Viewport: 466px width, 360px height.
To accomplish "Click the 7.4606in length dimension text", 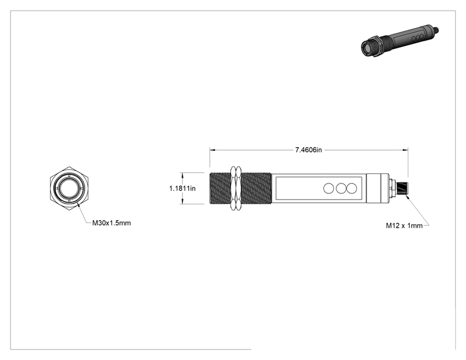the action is pos(308,150).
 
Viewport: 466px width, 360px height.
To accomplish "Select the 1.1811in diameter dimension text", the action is pos(182,188).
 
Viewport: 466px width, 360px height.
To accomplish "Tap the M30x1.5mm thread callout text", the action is pos(111,223).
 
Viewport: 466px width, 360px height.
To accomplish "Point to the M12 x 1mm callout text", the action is pos(404,225).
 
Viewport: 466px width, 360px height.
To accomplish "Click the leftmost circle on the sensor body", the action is pos(328,188).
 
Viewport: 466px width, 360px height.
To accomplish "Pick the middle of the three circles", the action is pos(341,188).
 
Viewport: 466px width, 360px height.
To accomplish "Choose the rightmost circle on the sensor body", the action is pos(352,188).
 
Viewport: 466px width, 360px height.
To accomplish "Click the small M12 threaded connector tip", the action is pos(403,188).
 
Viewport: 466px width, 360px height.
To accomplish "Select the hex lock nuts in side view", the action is pos(236,188).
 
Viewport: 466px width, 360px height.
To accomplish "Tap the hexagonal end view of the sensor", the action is pos(70,188).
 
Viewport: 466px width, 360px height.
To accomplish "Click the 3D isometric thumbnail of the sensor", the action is pos(400,41).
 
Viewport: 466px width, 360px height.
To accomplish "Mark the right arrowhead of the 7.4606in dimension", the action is pos(405,150).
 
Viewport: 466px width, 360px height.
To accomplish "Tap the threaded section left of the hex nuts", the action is pos(220,188).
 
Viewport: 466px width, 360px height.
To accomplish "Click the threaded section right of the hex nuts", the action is pos(256,188).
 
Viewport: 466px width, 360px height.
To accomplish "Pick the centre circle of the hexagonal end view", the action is pos(70,188).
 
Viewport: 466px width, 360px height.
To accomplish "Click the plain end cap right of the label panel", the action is pos(378,188).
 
